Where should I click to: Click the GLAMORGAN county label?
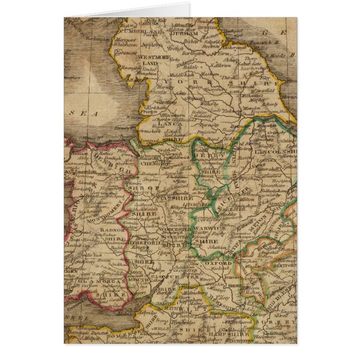coord(112,293)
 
